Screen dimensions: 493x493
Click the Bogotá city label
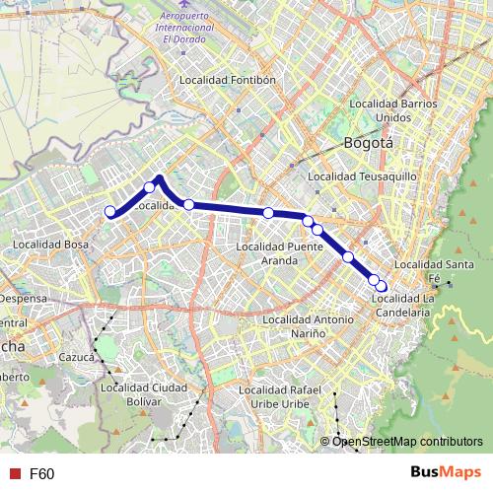(x=368, y=142)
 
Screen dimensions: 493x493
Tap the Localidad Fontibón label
(x=226, y=80)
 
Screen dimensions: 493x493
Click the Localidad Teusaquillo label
(x=363, y=176)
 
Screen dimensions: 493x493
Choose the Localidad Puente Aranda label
(x=281, y=252)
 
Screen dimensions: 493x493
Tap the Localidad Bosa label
(x=50, y=244)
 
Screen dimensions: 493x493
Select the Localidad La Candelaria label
(x=401, y=305)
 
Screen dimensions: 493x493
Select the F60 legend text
(x=41, y=474)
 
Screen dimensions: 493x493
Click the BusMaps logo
(x=445, y=474)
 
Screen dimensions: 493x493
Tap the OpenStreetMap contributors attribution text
(x=407, y=441)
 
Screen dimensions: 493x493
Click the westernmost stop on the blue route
(x=110, y=211)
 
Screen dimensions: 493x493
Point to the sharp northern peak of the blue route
(x=160, y=178)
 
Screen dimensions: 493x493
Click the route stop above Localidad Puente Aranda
(x=268, y=213)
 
